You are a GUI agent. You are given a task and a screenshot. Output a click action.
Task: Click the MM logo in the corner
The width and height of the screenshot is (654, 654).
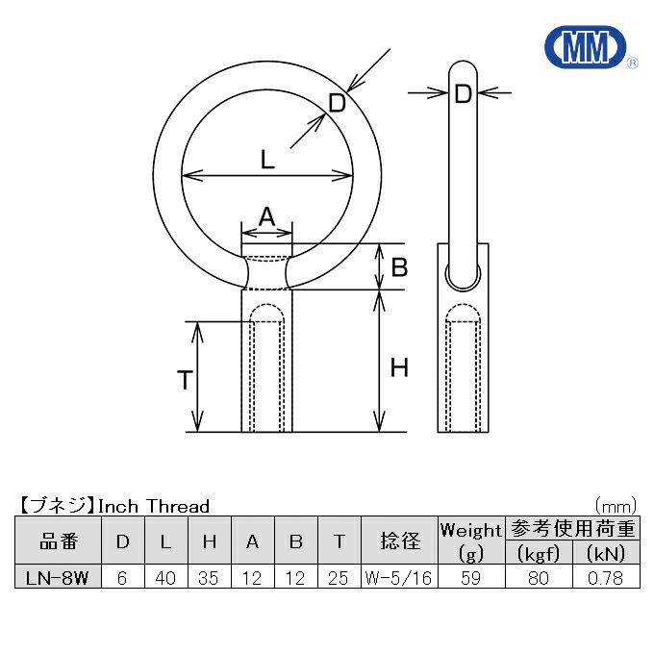pyautogui.click(x=586, y=47)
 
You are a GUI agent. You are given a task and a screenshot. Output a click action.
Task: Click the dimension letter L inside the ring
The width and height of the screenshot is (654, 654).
pyautogui.click(x=267, y=160)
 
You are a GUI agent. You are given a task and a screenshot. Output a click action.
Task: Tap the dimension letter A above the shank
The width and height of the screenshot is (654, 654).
pyautogui.click(x=267, y=216)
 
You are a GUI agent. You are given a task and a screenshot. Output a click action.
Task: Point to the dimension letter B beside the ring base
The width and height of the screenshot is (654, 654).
pyautogui.click(x=399, y=267)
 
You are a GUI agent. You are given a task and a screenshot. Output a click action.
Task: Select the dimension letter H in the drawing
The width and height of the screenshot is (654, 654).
pyautogui.click(x=399, y=367)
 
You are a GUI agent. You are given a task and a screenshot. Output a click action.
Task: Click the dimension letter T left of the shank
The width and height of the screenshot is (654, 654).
pyautogui.click(x=185, y=380)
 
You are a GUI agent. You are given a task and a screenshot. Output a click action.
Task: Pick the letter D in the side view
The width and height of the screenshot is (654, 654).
pyautogui.click(x=463, y=94)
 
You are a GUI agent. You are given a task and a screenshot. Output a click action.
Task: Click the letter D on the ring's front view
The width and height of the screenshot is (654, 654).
pyautogui.click(x=337, y=103)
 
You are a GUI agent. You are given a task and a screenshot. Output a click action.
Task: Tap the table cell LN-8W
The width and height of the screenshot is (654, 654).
pyautogui.click(x=58, y=578)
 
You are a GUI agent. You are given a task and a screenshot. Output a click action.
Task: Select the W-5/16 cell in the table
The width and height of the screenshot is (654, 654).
pyautogui.click(x=399, y=578)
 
